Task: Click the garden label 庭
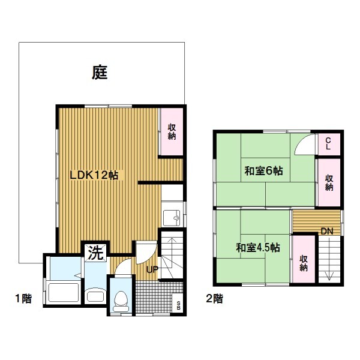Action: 100,73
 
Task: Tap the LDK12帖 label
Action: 94,175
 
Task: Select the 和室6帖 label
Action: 263,171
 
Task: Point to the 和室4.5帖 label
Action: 258,248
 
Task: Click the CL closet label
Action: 328,144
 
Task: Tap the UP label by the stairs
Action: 152,269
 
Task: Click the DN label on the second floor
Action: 327,231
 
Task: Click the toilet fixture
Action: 121,301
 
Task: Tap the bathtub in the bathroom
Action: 64,292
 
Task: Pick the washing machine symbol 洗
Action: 96,253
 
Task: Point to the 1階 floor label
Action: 23,299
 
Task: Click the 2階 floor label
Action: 215,299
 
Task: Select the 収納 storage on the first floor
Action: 172,131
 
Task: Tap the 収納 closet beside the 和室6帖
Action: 329,182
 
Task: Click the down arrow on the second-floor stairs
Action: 329,259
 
